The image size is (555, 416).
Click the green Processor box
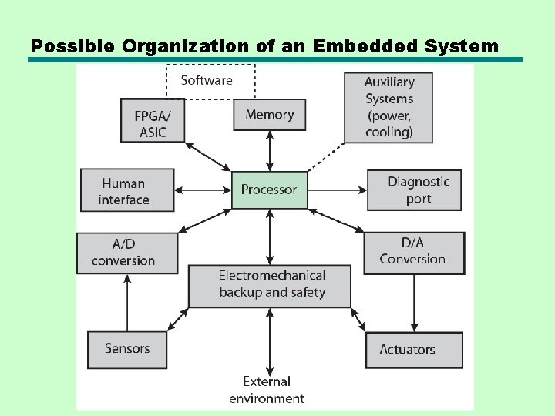point(269,190)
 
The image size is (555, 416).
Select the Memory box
point(269,115)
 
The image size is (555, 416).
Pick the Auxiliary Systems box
point(388,107)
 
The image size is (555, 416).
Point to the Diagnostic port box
point(414,190)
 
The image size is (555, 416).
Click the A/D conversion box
point(127,252)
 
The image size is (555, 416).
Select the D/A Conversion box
point(414,252)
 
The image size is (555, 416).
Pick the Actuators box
point(414,351)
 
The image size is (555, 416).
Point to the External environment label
point(267,390)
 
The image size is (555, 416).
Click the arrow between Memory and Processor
point(269,151)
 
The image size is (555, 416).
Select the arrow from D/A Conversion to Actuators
point(414,303)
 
